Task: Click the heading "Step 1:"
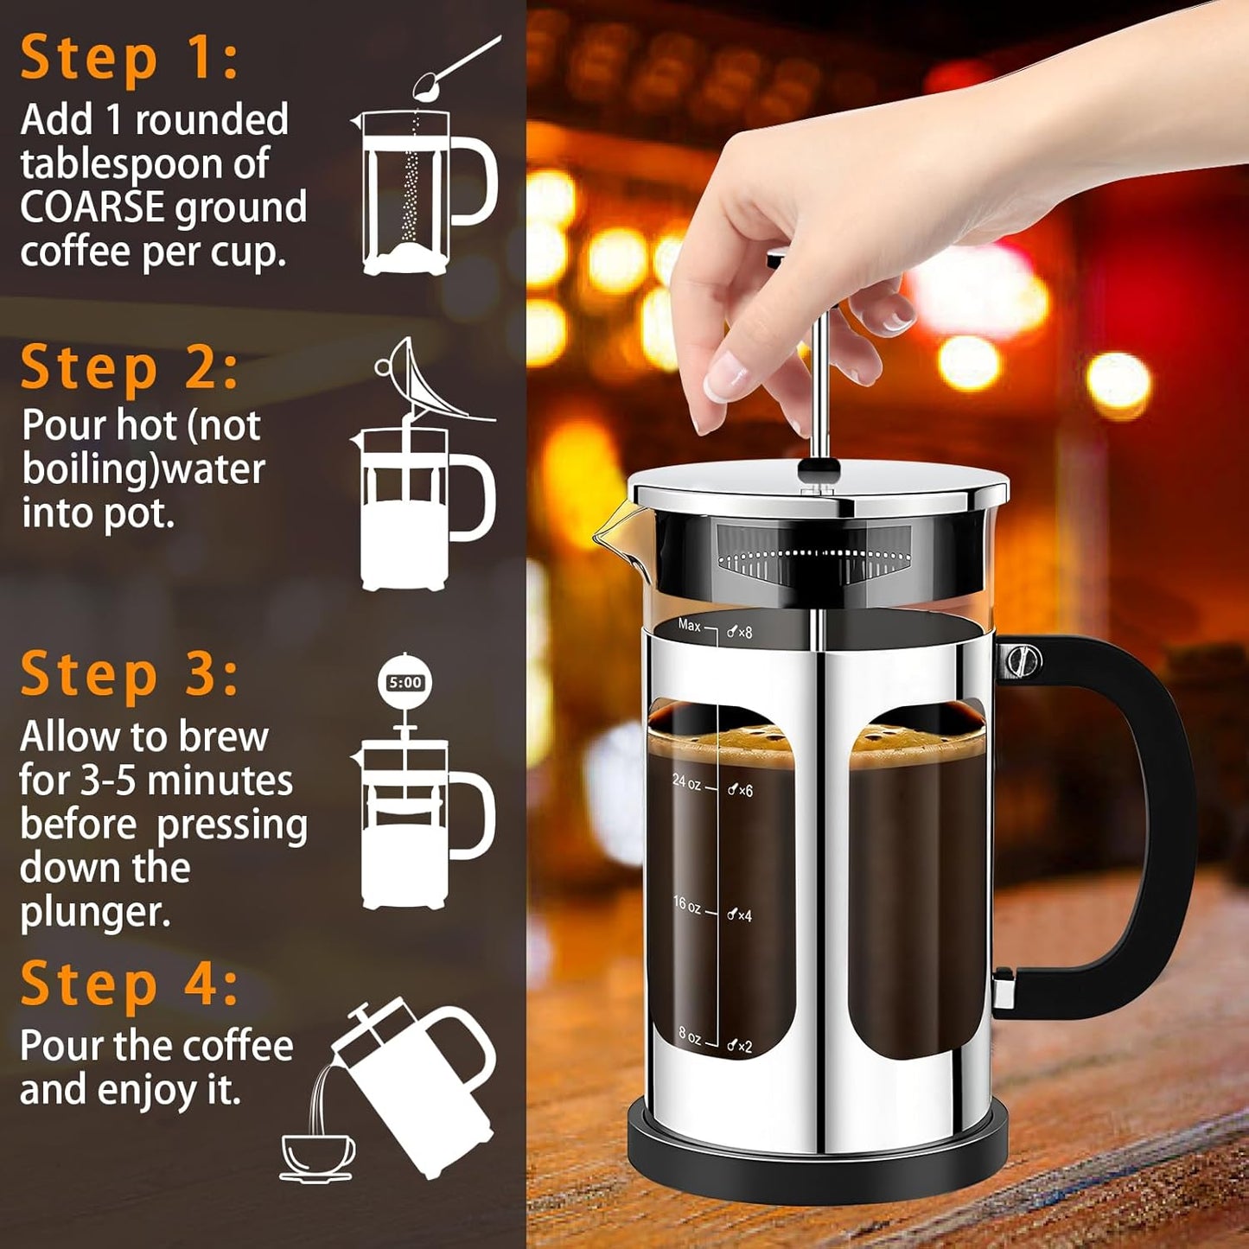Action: (x=129, y=59)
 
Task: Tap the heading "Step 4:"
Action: (x=129, y=985)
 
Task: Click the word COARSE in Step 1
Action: (x=92, y=208)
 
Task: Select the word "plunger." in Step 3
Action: (x=95, y=913)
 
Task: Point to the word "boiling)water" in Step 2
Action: (x=143, y=469)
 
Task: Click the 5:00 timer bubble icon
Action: (x=405, y=683)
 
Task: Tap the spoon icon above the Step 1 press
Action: (x=453, y=67)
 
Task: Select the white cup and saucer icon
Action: (x=317, y=1157)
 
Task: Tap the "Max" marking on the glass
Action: (x=689, y=625)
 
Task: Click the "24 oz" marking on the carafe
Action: (x=687, y=782)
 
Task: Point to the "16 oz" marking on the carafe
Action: (x=687, y=905)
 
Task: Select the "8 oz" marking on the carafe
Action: (x=690, y=1035)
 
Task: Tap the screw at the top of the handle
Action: (x=1023, y=662)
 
